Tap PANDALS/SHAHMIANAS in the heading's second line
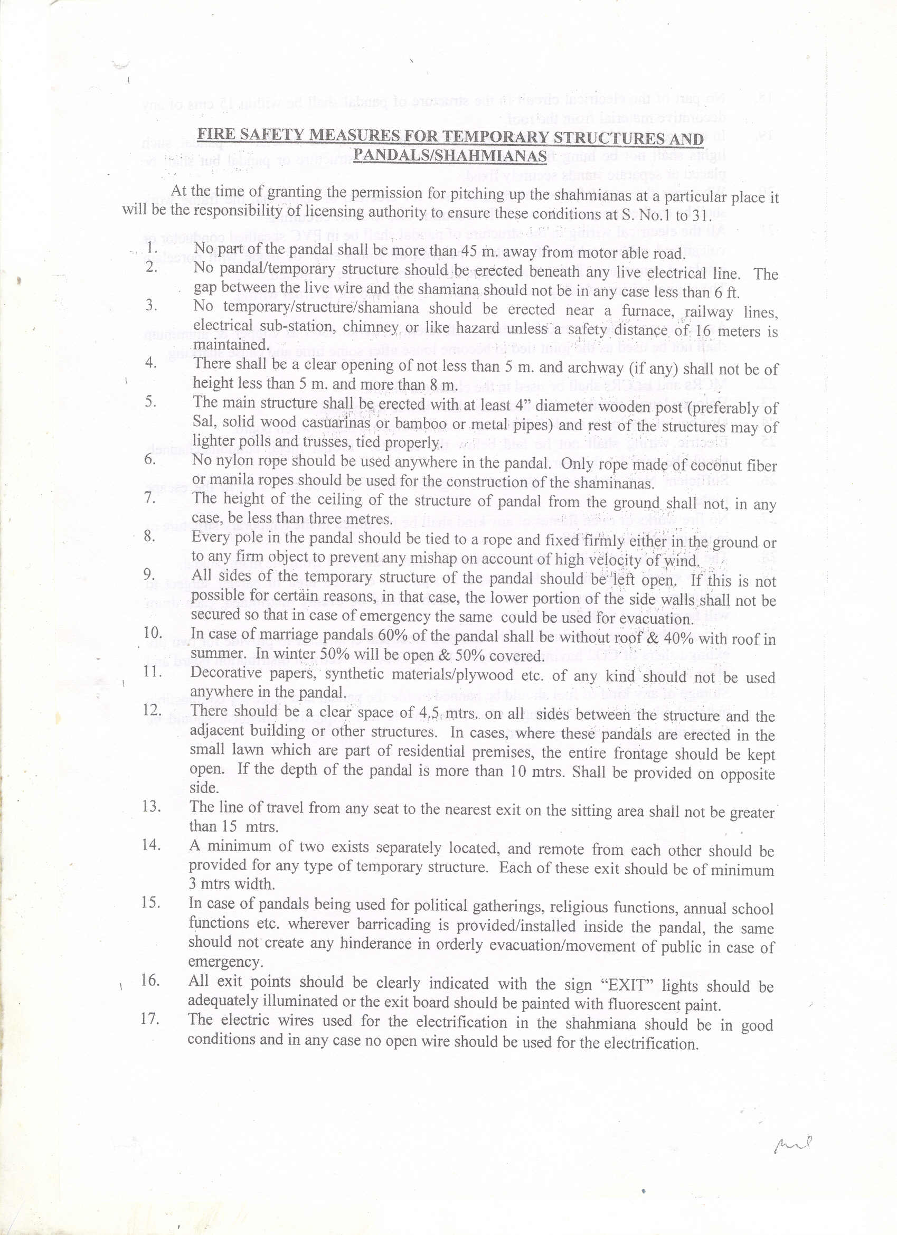click(x=450, y=156)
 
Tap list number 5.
click(x=150, y=401)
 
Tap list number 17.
click(x=150, y=1019)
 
